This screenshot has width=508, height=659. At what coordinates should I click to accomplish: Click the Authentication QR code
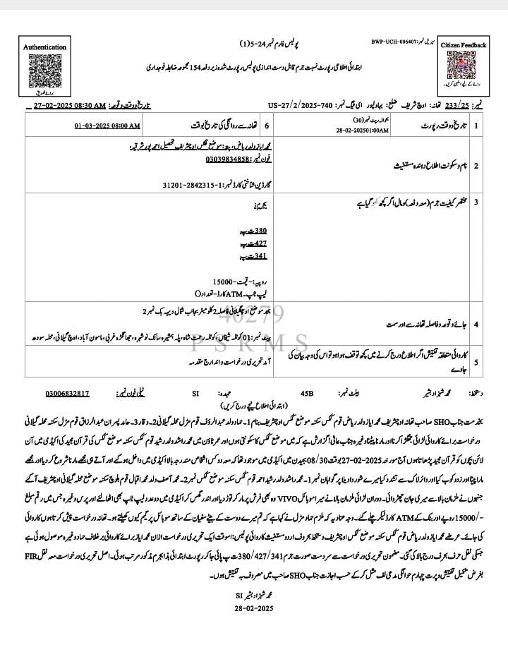44,71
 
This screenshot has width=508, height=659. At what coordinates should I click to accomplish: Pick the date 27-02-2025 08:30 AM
69,105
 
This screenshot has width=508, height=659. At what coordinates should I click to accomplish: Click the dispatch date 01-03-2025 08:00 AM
107,125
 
